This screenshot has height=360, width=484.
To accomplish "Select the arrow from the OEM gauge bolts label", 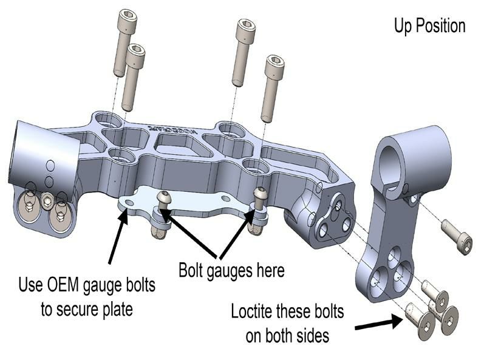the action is point(119,237).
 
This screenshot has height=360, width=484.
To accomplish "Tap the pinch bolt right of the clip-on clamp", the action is point(456,236).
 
